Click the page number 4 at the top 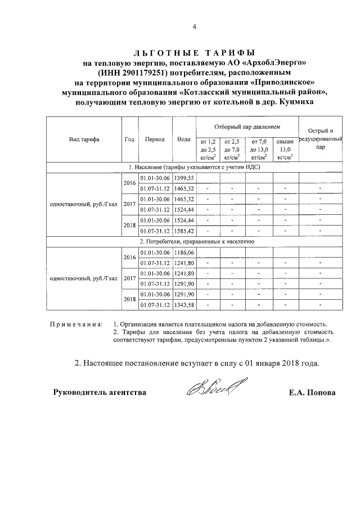coord(194,26)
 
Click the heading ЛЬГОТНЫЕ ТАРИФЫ coord(194,52)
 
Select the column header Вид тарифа coord(84,139)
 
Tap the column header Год coord(129,139)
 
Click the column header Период coord(154,139)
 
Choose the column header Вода coord(183,139)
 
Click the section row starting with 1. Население coord(194,167)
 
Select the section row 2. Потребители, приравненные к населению coord(194,241)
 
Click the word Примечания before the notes coord(76,325)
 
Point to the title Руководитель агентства coord(100,393)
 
